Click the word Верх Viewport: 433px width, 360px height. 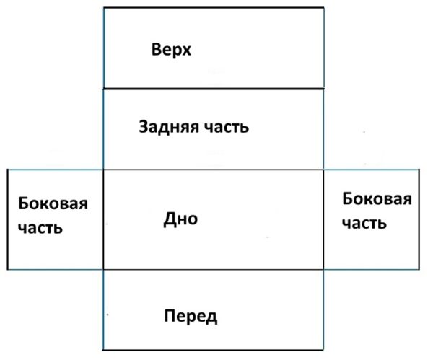click(171, 51)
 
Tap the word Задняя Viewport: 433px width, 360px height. click(169, 127)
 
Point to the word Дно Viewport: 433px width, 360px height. click(180, 219)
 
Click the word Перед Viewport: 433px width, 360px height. click(191, 316)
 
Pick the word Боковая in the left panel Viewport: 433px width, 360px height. click(53, 203)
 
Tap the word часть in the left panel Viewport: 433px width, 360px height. click(40, 228)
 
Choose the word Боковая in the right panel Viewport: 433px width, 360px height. click(377, 199)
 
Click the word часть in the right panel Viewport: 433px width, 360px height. click(364, 223)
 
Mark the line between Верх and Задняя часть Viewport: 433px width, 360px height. click(214, 89)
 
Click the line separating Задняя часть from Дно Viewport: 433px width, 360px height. click(213, 170)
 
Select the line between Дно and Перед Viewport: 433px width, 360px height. click(213, 269)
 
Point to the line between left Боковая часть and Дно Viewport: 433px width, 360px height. click(103, 219)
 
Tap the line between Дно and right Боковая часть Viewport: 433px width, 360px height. click(323, 219)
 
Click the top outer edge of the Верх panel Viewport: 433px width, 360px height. click(214, 8)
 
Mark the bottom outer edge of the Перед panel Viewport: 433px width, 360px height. click(213, 350)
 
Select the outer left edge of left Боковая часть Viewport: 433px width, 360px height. click(7, 219)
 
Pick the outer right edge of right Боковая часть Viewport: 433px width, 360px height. click(419, 219)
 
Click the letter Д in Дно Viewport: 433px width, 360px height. click(169, 219)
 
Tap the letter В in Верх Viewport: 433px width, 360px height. click(157, 49)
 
